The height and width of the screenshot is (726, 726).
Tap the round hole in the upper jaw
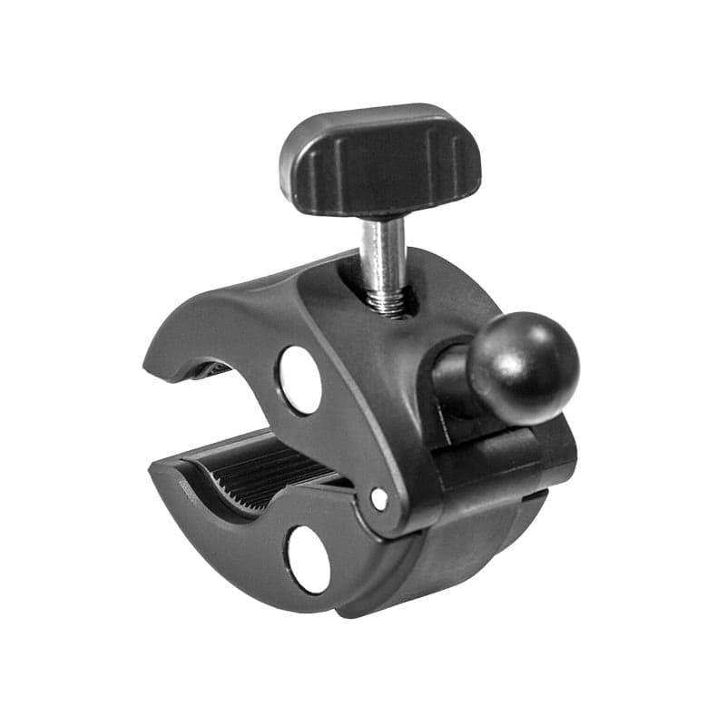pyautogui.click(x=299, y=379)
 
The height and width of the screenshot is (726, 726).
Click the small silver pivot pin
pyautogui.click(x=379, y=498)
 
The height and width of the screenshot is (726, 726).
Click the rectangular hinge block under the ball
pyautogui.click(x=508, y=454)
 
